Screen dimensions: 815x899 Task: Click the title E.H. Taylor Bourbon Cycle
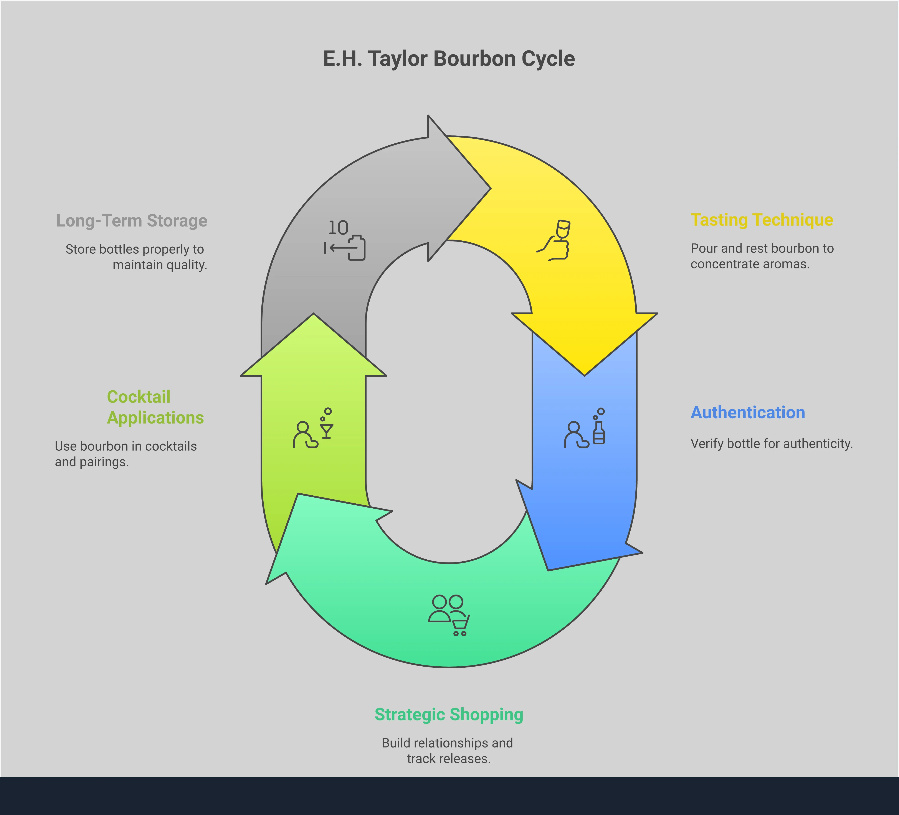pyautogui.click(x=449, y=59)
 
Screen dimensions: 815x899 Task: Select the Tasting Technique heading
pyautogui.click(x=762, y=220)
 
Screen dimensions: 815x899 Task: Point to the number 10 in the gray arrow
pyautogui.click(x=338, y=228)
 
